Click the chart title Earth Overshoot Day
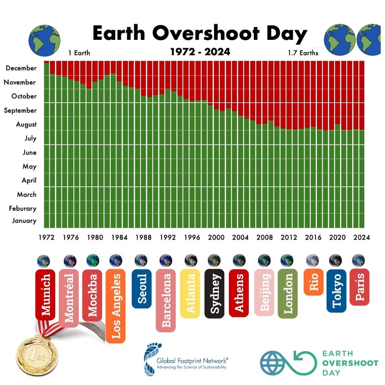(x=200, y=33)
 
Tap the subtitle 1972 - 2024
(x=200, y=52)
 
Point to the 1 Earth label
(x=79, y=53)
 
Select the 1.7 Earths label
(x=303, y=53)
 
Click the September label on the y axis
(x=20, y=111)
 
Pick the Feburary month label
(x=22, y=209)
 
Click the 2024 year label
(x=362, y=237)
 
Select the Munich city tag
(x=45, y=294)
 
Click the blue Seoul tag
(x=142, y=288)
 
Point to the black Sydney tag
(x=214, y=293)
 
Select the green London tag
(x=288, y=293)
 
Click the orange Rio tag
(x=313, y=282)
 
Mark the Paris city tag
(x=359, y=287)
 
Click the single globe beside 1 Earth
(x=44, y=41)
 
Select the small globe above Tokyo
(x=335, y=261)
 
